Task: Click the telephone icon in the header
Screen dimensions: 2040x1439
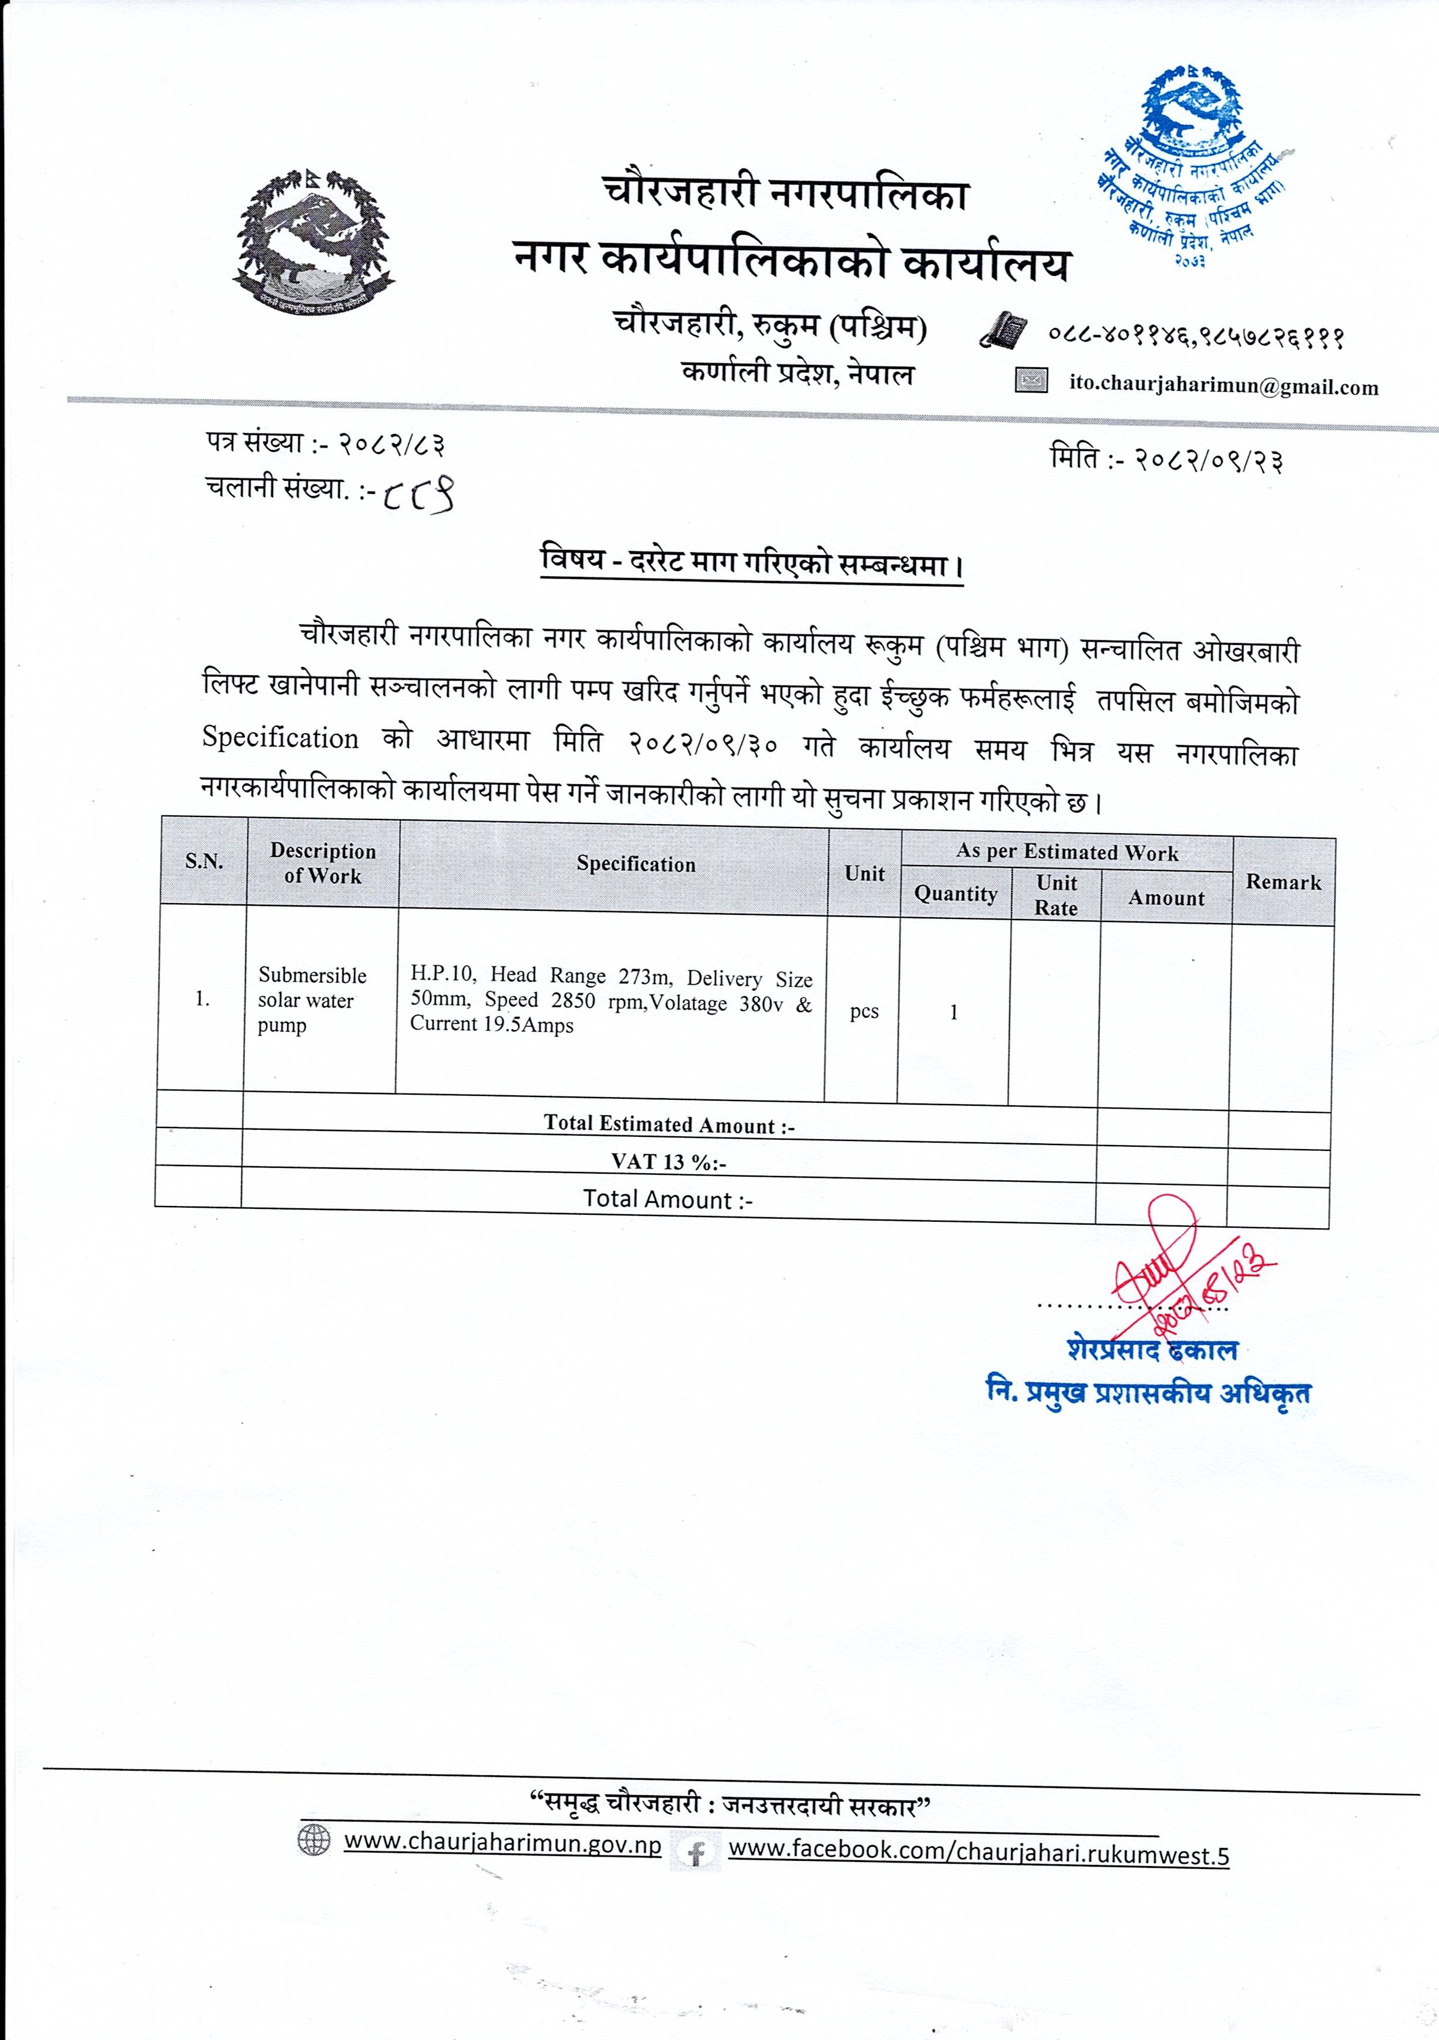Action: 1002,330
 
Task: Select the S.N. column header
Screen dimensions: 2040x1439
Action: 203,861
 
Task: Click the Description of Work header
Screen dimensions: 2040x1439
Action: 323,863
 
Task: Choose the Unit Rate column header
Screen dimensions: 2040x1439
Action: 1056,895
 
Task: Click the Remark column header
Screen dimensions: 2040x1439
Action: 1283,882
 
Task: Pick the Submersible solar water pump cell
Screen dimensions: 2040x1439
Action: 312,1000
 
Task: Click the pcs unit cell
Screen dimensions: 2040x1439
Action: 864,1011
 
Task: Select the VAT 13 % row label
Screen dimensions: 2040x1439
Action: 669,1161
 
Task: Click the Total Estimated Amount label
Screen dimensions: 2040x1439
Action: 669,1124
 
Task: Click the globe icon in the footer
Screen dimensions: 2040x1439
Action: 313,1840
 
